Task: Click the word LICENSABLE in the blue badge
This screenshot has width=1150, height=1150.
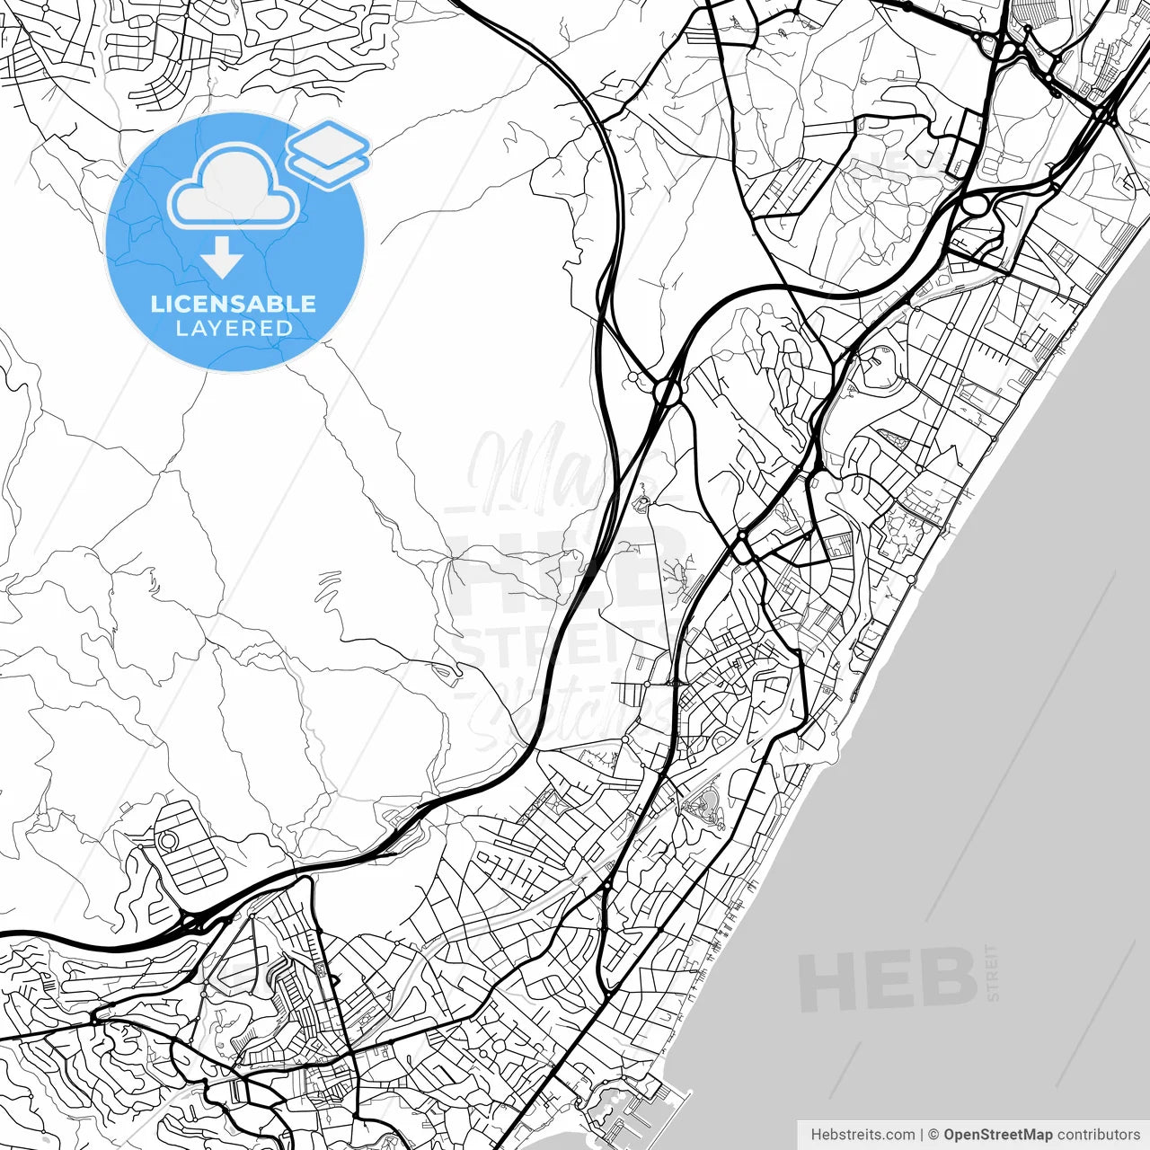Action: click(x=234, y=304)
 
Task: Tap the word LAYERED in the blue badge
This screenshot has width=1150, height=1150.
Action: click(x=234, y=328)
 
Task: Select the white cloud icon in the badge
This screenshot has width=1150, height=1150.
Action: click(x=234, y=189)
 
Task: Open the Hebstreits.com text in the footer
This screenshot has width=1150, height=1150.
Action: click(x=862, y=1135)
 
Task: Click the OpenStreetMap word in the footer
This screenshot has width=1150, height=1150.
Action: click(x=997, y=1135)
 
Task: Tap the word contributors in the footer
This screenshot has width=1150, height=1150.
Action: click(x=1098, y=1135)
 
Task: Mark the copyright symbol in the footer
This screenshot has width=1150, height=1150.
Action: click(x=933, y=1135)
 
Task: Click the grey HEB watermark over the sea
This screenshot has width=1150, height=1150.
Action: click(x=888, y=979)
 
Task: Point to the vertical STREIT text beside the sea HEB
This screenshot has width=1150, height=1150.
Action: click(x=992, y=972)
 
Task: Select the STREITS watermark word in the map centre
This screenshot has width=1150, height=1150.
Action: click(x=562, y=645)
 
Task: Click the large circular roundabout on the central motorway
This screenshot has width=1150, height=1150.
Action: click(x=668, y=392)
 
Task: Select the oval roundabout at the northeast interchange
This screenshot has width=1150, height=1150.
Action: click(x=974, y=205)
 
